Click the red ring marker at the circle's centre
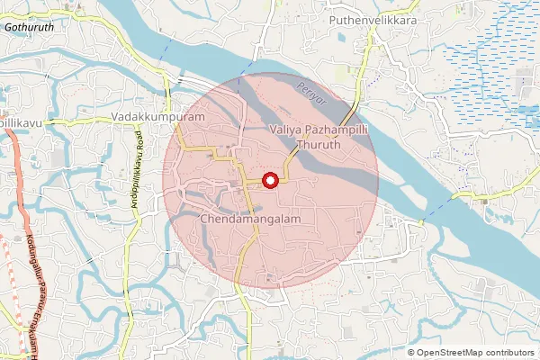click(x=269, y=181)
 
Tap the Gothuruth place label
click(x=31, y=28)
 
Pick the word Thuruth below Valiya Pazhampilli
click(x=319, y=144)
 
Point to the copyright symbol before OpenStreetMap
click(x=410, y=352)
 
